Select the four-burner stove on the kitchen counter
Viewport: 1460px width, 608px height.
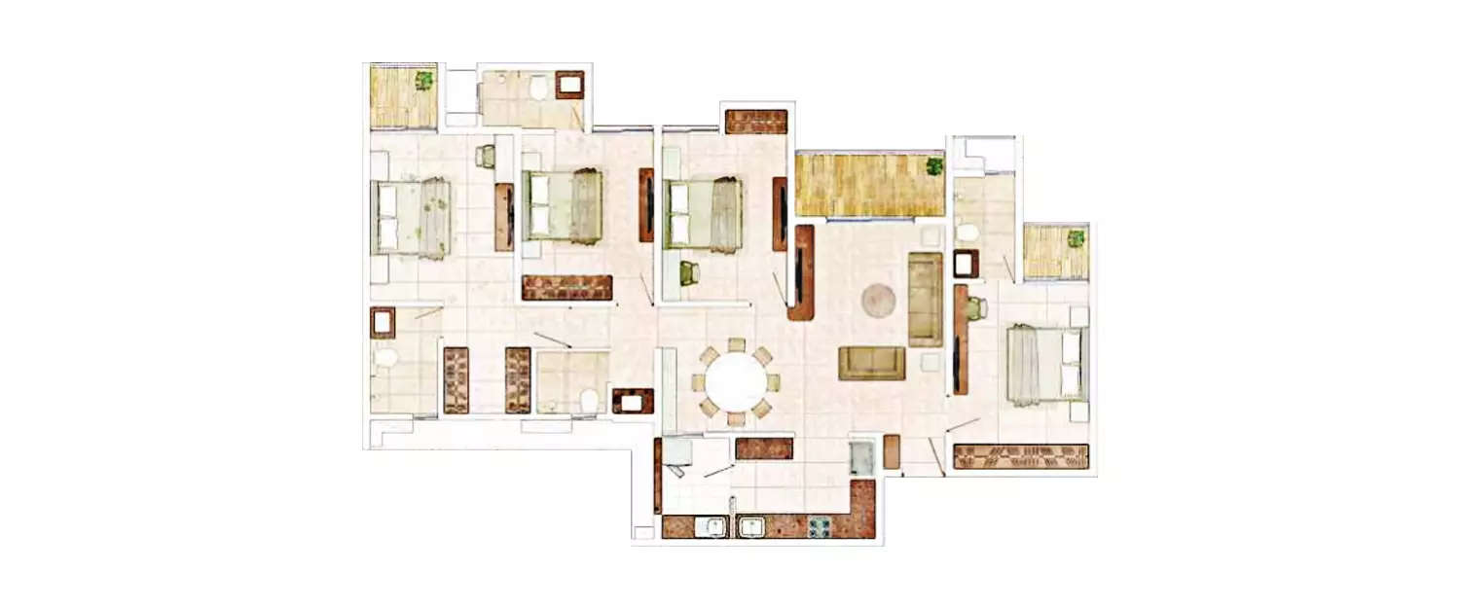click(819, 526)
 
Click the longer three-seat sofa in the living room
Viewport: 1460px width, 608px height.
click(925, 299)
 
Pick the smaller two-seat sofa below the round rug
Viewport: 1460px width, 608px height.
click(872, 363)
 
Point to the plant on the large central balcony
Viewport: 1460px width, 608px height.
click(934, 165)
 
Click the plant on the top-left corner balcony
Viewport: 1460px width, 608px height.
click(424, 79)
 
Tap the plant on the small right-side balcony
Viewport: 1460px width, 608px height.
click(1076, 237)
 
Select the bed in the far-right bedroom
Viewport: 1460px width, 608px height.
click(1045, 364)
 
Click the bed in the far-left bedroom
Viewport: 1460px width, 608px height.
click(411, 218)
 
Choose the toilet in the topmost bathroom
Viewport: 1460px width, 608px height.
click(537, 89)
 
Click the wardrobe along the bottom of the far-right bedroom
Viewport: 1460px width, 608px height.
click(1020, 456)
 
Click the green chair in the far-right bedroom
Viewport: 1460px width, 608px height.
click(976, 308)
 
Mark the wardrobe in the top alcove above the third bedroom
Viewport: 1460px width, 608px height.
click(755, 122)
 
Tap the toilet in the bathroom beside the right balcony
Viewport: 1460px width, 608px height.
click(967, 232)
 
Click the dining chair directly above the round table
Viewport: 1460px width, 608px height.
click(737, 344)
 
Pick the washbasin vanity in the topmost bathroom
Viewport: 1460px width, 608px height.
click(569, 85)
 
